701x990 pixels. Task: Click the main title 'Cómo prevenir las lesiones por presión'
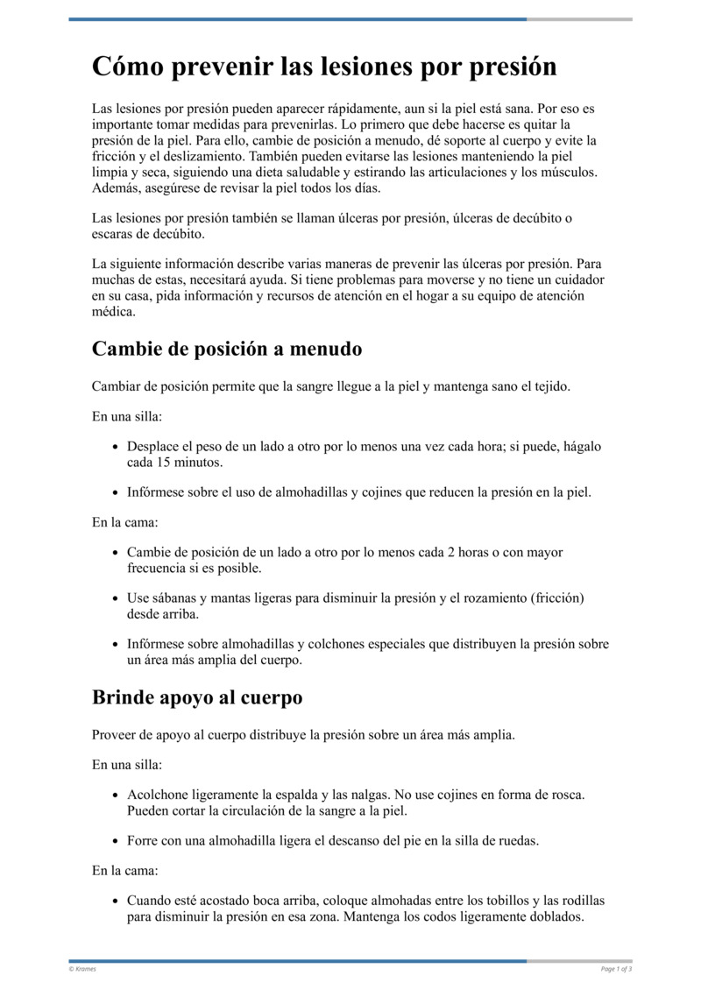point(324,67)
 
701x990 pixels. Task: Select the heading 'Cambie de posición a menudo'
point(227,349)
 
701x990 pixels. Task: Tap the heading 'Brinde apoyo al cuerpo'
point(197,697)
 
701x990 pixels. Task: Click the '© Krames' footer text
point(83,969)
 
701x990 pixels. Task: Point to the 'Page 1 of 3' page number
point(616,969)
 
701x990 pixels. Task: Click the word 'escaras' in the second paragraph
point(112,236)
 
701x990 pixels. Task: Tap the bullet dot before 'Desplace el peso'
point(116,447)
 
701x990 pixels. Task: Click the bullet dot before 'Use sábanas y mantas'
point(116,598)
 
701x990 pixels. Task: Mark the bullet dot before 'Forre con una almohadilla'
point(116,841)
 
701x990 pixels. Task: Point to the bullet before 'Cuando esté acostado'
point(116,901)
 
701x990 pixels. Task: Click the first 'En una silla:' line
point(126,417)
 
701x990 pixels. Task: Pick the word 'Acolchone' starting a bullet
point(157,795)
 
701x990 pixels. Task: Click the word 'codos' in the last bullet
point(414,917)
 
